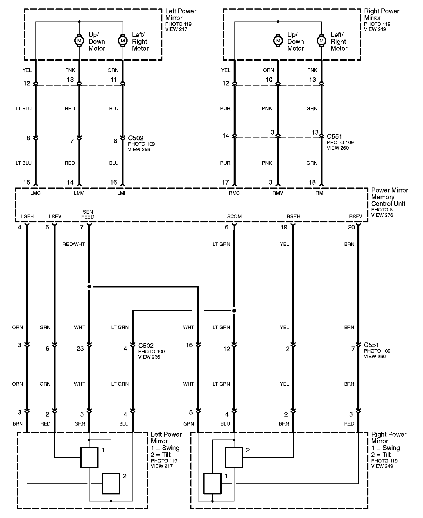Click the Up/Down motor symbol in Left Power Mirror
[79, 40]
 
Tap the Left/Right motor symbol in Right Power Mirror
[321, 40]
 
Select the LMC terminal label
[35, 193]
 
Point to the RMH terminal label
[321, 193]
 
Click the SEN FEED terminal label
[88, 214]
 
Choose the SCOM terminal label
[234, 217]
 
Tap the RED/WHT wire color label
[74, 244]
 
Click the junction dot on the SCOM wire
[234, 311]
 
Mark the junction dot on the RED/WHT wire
[89, 287]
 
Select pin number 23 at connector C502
[80, 349]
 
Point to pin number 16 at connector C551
[189, 345]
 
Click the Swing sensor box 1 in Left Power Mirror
[89, 458]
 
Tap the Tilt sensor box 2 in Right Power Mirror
[234, 458]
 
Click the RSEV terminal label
[356, 217]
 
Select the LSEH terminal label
[28, 217]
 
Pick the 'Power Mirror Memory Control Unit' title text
[390, 197]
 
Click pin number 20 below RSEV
[352, 227]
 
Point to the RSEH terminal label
[293, 217]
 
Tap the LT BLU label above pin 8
[24, 108]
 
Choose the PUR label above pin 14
[225, 108]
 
